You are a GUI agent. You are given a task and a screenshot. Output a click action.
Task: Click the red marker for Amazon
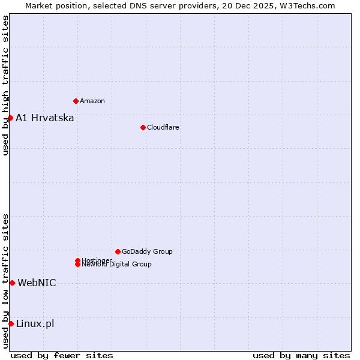[x=76, y=101]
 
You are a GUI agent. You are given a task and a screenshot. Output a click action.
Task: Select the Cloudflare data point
[x=143, y=127]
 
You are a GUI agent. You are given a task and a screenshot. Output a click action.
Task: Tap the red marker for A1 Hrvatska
[x=10, y=118]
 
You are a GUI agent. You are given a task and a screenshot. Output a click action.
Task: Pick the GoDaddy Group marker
[x=118, y=251]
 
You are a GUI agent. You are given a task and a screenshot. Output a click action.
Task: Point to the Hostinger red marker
[x=77, y=260]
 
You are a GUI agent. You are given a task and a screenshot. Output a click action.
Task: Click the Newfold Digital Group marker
[x=77, y=265]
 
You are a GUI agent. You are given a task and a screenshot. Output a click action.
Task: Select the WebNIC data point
[x=12, y=283]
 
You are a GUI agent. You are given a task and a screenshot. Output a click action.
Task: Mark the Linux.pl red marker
[x=11, y=323]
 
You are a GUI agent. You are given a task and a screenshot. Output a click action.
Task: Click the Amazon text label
[x=92, y=101]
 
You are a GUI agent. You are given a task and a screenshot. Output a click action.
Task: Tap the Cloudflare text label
[x=163, y=127]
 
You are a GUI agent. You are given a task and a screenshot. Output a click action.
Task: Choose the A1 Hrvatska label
[x=45, y=118]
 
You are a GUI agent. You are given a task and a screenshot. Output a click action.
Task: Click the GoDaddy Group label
[x=147, y=251]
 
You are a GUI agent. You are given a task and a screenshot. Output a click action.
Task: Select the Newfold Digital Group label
[x=117, y=265]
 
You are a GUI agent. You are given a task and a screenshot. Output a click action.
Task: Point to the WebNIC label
[x=37, y=283]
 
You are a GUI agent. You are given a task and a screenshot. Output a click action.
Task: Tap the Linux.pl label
[x=35, y=323]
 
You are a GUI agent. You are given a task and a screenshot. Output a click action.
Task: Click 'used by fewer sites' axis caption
[x=62, y=355]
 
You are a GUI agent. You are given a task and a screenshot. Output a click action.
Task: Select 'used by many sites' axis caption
[x=301, y=355]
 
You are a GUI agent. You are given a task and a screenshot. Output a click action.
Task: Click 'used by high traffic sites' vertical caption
[x=5, y=85]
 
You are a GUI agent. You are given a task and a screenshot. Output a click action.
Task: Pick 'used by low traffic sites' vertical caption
[x=5, y=281]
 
